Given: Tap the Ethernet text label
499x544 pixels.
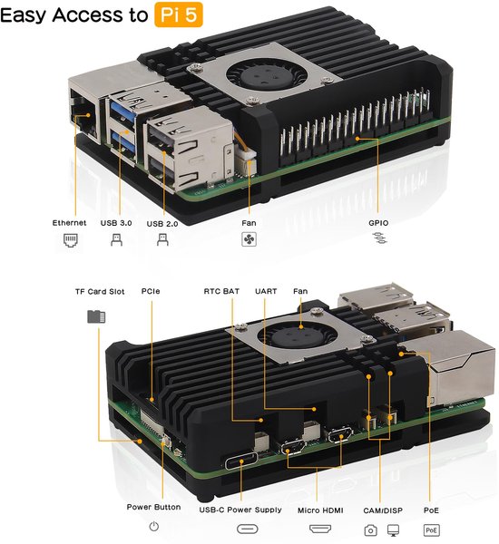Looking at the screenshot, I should coord(69,222).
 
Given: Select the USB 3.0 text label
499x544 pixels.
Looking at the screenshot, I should coord(115,222).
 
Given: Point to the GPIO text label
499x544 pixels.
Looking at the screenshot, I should coord(378,221).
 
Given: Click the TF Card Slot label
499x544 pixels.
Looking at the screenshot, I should coord(99,292).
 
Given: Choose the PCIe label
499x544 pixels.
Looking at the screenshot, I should coord(151,292).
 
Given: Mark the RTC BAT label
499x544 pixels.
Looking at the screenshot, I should coord(222,292).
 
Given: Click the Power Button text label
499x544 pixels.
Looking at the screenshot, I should coord(154,507).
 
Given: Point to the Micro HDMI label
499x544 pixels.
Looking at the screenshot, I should coord(321,510).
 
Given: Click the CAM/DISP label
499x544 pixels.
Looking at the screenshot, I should coord(381,510).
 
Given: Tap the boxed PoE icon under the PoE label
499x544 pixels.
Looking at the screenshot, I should coord(432,529).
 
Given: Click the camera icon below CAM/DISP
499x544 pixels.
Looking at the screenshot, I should coord(369,529).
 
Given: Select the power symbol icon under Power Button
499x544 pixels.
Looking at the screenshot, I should coord(154,527).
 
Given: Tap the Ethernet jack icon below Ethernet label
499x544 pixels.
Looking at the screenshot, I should coord(70,240).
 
